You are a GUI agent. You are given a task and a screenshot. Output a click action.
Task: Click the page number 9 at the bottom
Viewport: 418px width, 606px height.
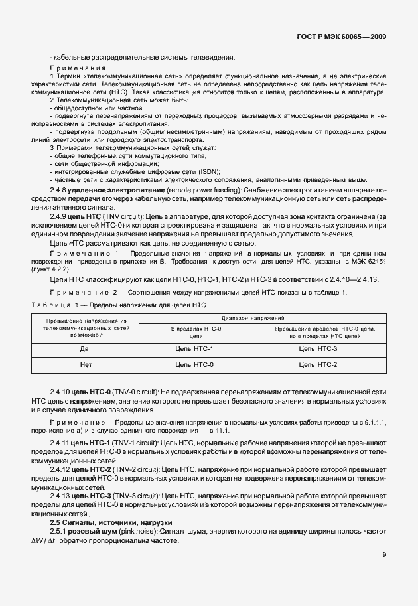[384, 556]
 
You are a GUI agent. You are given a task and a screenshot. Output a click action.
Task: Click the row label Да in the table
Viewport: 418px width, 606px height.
[84, 348]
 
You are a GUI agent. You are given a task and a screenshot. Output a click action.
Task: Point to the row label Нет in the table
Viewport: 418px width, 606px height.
[84, 365]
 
